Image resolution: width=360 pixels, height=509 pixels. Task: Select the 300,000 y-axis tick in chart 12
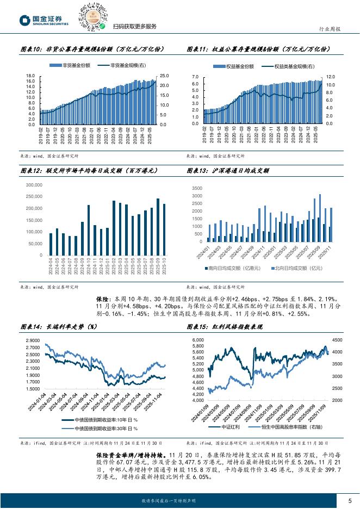(x=34, y=185)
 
